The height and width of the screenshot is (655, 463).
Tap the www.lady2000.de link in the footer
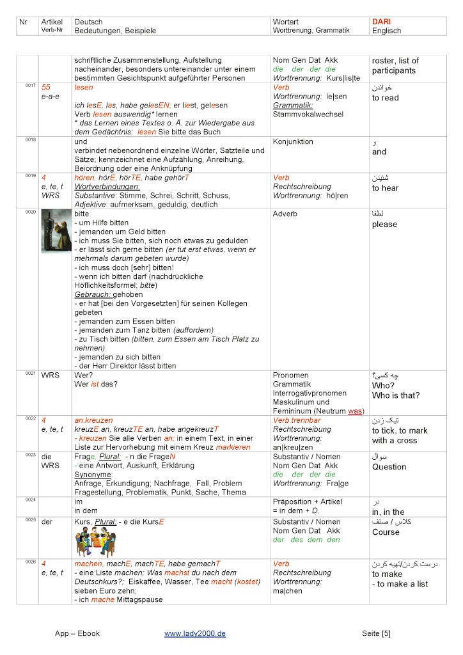195,633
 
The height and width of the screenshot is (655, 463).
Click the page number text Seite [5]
376,633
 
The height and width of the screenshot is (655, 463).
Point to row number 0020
31,212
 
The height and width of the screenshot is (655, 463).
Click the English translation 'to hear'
385,188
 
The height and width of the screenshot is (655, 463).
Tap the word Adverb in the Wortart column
285,214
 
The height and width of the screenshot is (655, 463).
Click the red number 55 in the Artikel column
45,87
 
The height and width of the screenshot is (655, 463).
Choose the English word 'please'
384,225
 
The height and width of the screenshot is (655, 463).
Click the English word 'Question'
389,467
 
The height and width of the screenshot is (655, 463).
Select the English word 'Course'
386,532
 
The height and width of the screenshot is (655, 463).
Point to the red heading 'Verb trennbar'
297,420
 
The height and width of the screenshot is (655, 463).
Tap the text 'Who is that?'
396,395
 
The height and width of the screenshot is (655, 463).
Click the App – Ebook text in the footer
77,633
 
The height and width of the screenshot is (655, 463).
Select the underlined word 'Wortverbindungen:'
107,187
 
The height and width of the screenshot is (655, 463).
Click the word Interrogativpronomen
310,393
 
